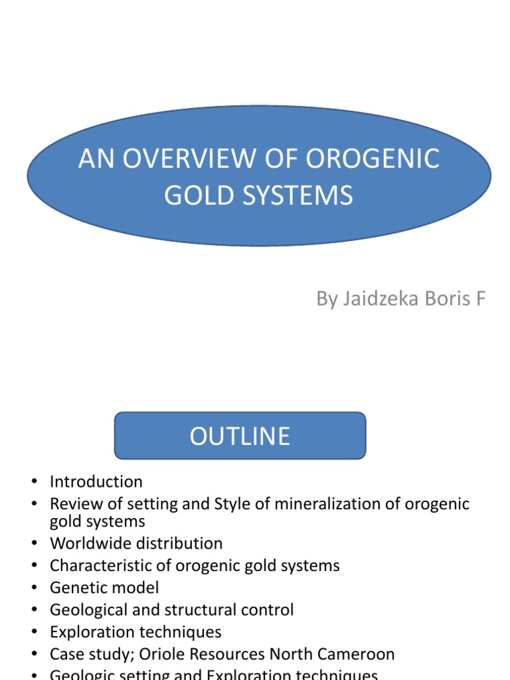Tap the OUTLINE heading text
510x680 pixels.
click(x=240, y=436)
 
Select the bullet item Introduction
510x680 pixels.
click(x=96, y=481)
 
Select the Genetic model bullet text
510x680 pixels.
click(x=104, y=588)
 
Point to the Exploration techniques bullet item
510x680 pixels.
click(x=135, y=632)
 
